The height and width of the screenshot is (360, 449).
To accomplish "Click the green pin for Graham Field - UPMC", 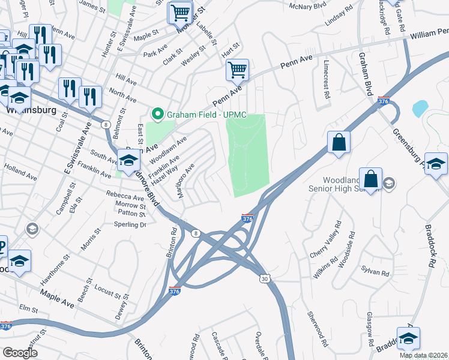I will (x=158, y=113).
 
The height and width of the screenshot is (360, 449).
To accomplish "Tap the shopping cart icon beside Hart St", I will (x=237, y=70).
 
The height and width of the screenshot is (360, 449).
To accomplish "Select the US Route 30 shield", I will (x=265, y=279).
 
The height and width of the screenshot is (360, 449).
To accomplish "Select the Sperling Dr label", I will (x=130, y=224).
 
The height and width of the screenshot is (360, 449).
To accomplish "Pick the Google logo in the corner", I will (x=20, y=353).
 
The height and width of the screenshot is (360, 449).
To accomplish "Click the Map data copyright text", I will (x=424, y=355).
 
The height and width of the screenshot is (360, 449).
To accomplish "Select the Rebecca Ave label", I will (x=123, y=196).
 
